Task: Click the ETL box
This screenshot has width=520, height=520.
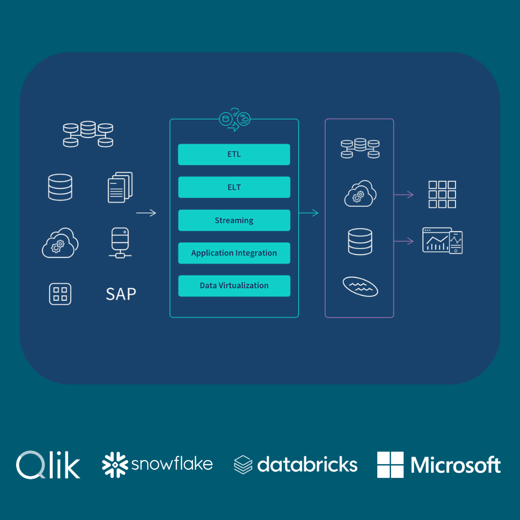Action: (x=234, y=154)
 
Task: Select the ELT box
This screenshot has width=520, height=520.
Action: (x=234, y=187)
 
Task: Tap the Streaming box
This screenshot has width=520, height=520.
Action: (x=234, y=220)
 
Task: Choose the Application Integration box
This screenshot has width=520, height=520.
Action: (x=234, y=253)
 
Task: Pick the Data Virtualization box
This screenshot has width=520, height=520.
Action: (x=234, y=286)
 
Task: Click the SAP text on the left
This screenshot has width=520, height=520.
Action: (x=121, y=294)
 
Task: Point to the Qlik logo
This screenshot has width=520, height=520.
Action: (x=48, y=465)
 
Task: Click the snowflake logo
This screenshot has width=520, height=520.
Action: (x=157, y=465)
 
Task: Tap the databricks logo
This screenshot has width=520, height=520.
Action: (x=296, y=465)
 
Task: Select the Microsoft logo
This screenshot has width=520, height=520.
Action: (x=439, y=465)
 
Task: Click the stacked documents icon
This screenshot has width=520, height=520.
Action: (x=120, y=187)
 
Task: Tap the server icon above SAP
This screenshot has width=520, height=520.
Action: (x=120, y=243)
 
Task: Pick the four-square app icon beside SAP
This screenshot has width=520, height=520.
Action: (x=60, y=294)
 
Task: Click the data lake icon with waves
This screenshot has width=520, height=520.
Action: (x=360, y=287)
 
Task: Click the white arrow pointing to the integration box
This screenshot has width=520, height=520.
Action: (x=146, y=213)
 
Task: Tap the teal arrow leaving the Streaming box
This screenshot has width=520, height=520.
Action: (x=309, y=213)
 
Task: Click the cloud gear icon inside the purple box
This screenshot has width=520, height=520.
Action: (x=360, y=194)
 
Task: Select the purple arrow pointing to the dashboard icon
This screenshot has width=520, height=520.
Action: (x=404, y=241)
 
